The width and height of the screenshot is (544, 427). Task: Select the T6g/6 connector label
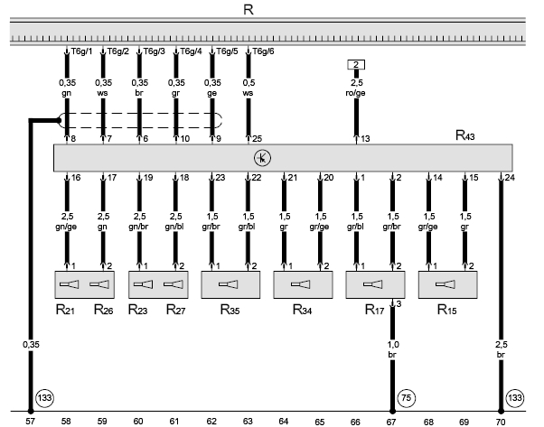(264, 51)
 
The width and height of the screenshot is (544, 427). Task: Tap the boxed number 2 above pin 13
(356, 65)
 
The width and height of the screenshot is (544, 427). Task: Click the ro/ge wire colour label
(355, 91)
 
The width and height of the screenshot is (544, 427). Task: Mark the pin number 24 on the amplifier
(511, 177)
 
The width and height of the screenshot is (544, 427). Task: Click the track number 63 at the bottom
(247, 420)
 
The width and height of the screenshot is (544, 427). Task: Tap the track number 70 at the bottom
(501, 420)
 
